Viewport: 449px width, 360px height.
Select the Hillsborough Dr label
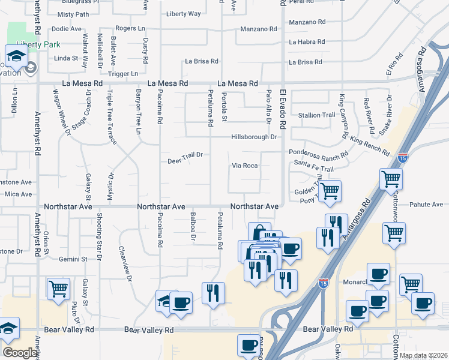[255, 137]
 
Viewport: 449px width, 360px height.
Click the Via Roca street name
[244, 166]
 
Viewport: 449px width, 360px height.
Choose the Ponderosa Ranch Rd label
[319, 153]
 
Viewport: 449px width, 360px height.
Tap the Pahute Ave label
[426, 205]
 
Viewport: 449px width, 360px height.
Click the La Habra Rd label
[307, 42]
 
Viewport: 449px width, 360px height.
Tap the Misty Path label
[73, 14]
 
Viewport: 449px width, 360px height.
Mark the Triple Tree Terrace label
[110, 117]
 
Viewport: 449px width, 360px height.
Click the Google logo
[20, 353]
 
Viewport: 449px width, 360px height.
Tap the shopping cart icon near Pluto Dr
[59, 289]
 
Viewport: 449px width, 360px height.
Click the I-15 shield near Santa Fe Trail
[402, 158]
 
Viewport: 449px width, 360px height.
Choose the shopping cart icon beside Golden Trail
[330, 191]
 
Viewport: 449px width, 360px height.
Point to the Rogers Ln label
[130, 28]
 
